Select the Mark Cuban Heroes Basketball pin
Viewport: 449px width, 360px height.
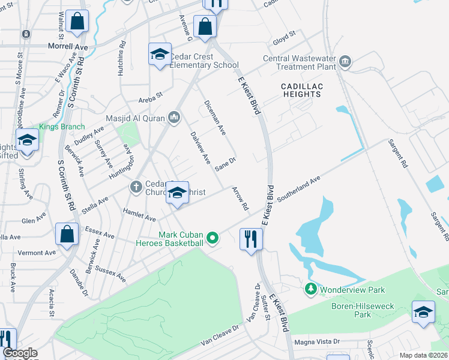[212, 239]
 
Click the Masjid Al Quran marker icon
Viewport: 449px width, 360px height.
[174, 116]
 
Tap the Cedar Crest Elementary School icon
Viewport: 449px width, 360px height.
[160, 55]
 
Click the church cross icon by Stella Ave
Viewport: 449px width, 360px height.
[136, 188]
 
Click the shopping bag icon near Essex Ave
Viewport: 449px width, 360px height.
[67, 235]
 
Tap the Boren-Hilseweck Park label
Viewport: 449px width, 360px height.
[363, 310]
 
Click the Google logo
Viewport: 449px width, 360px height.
[20, 353]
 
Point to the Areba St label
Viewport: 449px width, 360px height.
[151, 95]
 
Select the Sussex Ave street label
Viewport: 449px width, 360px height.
[110, 275]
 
